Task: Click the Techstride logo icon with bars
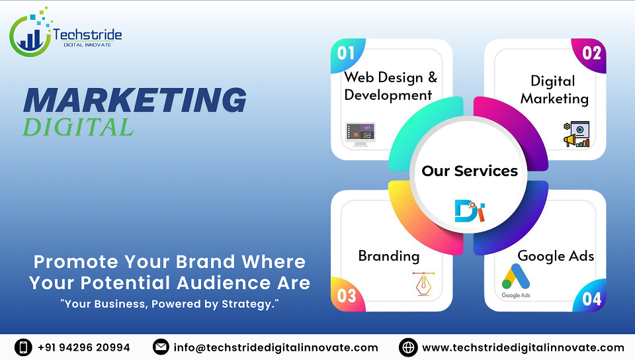click(30, 33)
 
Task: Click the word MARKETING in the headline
click(135, 99)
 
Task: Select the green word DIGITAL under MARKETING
click(78, 126)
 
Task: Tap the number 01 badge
click(346, 53)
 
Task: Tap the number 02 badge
click(591, 53)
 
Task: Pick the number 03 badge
click(347, 295)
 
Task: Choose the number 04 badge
click(591, 298)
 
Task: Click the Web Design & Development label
click(390, 86)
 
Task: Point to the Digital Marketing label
click(554, 89)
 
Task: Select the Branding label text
click(388, 256)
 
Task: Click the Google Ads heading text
click(556, 255)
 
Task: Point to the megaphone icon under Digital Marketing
click(576, 134)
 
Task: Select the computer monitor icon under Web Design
click(360, 134)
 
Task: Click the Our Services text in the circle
click(470, 171)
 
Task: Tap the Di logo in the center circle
click(470, 210)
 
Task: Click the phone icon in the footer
click(24, 347)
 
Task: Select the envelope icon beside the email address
click(161, 347)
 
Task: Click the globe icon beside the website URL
click(408, 347)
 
